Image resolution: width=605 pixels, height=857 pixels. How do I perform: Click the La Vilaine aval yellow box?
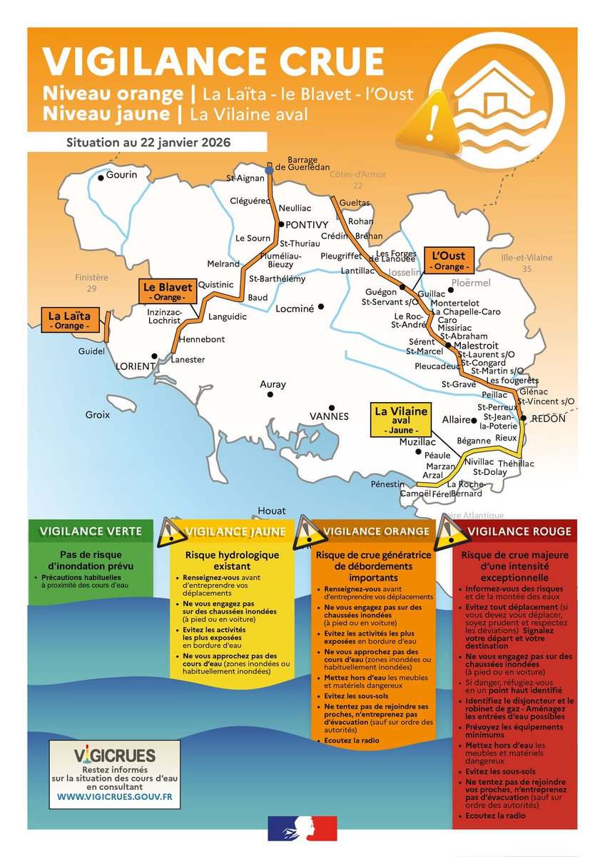click(x=401, y=421)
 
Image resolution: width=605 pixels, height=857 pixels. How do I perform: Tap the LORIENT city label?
click(x=136, y=366)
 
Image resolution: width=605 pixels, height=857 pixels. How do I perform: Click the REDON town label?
click(x=549, y=419)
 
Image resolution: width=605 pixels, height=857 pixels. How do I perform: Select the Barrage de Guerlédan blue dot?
click(x=269, y=170)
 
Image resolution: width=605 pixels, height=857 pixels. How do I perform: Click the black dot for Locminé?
click(x=321, y=306)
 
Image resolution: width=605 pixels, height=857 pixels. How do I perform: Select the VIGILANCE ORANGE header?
click(x=377, y=531)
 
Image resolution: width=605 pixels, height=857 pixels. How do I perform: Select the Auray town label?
click(x=273, y=385)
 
